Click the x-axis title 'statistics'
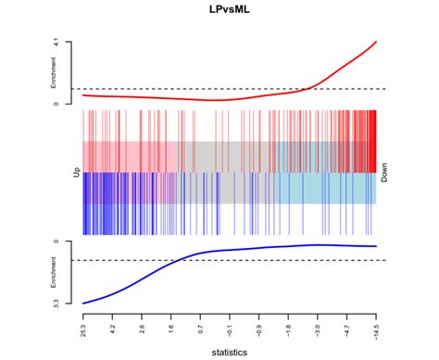coord(230,351)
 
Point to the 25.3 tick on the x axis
coord(83,325)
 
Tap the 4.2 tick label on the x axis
coord(113,325)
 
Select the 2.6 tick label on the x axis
coord(142,325)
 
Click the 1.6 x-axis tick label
coord(171,325)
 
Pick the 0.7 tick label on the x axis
coord(201,325)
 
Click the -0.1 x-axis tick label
coord(230,326)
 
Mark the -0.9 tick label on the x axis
coord(259,326)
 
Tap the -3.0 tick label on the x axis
coord(318,326)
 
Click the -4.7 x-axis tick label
coord(347,326)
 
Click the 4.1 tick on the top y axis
coord(56,42)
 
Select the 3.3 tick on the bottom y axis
coord(56,303)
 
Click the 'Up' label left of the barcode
coord(76,171)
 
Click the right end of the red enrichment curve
coord(376,42)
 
